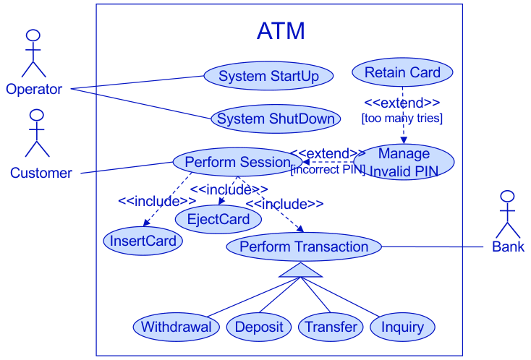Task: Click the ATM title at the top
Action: (281, 31)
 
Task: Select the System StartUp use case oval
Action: (268, 76)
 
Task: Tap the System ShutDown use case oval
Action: (276, 119)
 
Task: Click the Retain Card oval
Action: (402, 72)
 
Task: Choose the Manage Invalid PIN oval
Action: (404, 162)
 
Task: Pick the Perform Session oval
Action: (237, 162)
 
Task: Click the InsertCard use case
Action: (143, 241)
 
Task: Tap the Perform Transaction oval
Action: (304, 247)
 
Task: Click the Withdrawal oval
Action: (176, 327)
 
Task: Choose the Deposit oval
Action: (258, 327)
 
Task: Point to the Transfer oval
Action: (331, 327)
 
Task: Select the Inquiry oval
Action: (402, 327)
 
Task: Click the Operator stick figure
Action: (33, 54)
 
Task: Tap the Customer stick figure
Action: (37, 134)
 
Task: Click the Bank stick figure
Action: (507, 215)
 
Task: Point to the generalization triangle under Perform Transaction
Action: (300, 270)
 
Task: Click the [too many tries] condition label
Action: (402, 118)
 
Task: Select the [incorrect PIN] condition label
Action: (327, 170)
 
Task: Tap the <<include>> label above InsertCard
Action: (157, 201)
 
